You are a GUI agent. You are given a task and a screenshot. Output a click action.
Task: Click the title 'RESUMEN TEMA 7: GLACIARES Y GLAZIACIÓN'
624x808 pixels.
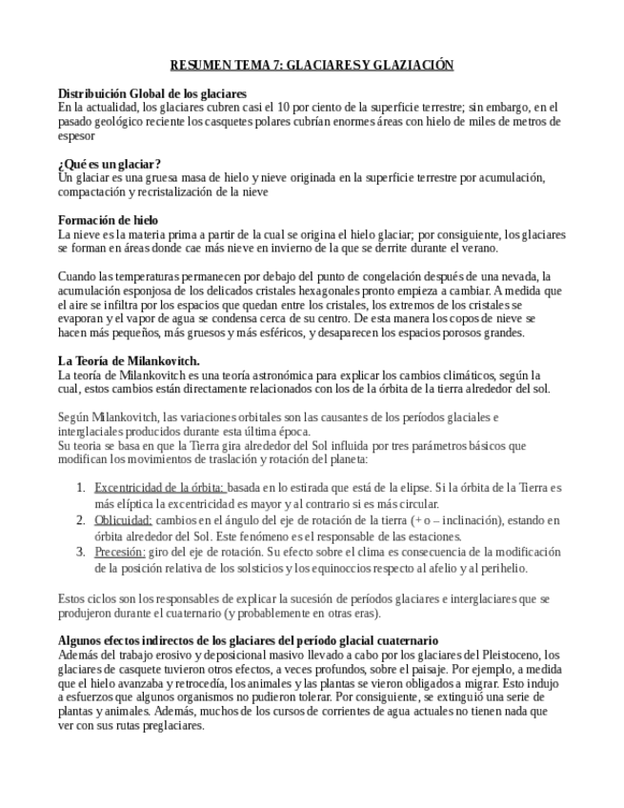click(x=312, y=65)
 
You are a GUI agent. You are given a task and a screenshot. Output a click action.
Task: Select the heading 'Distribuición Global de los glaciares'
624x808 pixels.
click(x=152, y=94)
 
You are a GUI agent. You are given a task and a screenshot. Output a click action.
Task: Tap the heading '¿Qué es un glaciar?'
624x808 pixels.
click(x=110, y=164)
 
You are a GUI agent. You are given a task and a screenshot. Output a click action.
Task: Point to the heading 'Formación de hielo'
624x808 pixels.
click(x=108, y=220)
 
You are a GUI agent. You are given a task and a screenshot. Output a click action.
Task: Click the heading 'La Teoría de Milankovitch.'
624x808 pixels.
click(x=129, y=361)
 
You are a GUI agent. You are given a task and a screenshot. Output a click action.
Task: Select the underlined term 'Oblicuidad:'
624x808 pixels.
click(x=123, y=520)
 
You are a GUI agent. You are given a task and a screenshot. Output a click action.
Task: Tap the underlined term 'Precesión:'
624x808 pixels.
click(x=119, y=552)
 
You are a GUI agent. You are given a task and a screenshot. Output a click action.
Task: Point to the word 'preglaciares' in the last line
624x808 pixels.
click(x=171, y=725)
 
